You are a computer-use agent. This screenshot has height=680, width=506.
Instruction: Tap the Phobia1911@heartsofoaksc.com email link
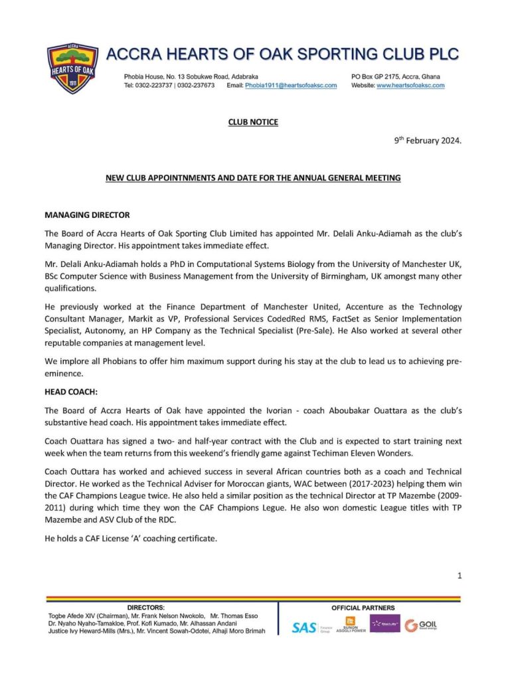291,86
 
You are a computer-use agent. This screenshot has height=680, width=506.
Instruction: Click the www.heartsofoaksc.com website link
410,86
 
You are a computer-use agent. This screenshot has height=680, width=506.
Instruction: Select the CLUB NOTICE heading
253,122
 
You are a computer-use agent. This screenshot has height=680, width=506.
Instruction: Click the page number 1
459,576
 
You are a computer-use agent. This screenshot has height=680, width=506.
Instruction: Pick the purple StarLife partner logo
385,624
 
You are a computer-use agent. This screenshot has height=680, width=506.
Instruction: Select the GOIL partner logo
422,625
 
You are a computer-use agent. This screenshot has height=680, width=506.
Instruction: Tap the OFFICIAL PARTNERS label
363,608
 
